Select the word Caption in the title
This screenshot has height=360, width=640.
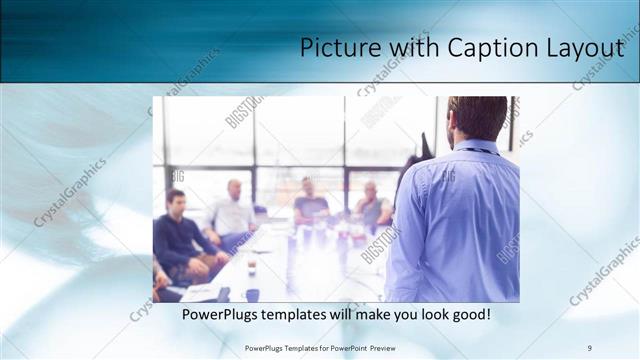point(494,47)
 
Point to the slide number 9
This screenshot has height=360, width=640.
point(590,347)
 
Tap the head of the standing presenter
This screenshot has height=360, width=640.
point(477,118)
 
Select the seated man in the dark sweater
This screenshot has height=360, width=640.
point(177,235)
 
